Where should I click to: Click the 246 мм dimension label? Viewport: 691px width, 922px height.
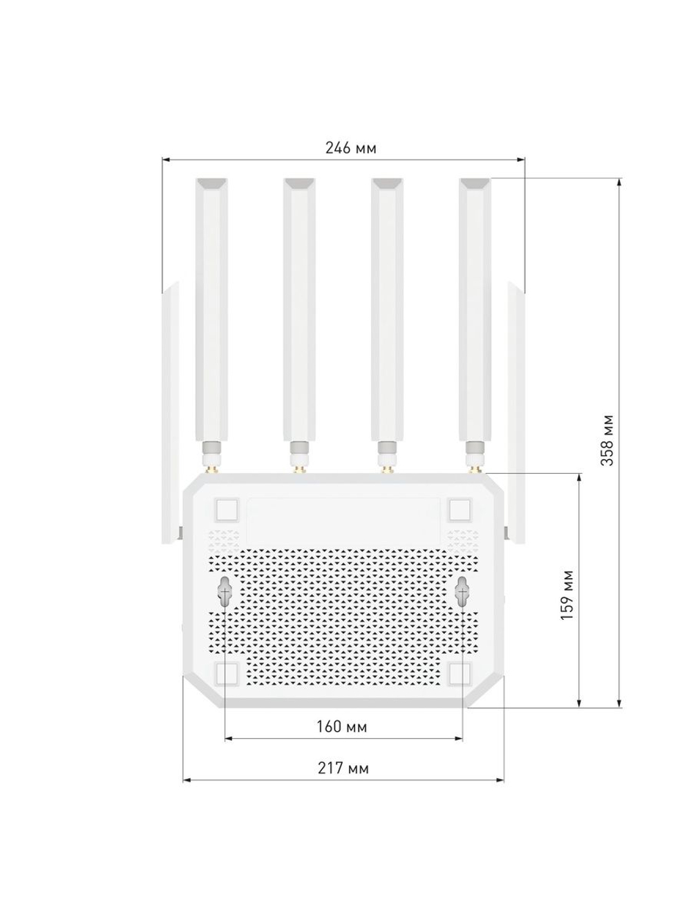[x=351, y=148]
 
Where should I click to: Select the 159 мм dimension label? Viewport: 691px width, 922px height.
[x=567, y=595]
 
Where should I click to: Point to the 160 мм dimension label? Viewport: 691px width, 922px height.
[x=341, y=726]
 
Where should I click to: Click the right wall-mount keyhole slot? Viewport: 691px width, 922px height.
[x=463, y=591]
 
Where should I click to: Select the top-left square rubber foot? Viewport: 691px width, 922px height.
[x=227, y=510]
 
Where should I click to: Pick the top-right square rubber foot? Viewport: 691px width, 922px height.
[x=460, y=510]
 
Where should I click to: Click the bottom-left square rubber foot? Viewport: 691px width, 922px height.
[x=227, y=674]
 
